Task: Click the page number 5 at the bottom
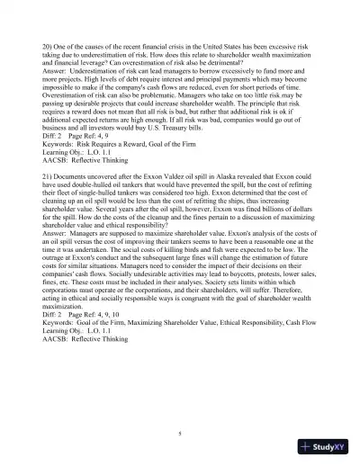pyautogui.click(x=180, y=434)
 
